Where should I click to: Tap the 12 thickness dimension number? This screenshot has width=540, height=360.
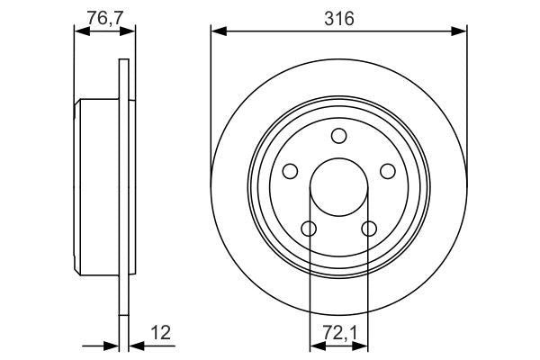tap(161, 332)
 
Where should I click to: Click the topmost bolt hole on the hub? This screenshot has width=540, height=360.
tap(338, 137)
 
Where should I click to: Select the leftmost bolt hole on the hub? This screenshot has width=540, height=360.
tap(291, 171)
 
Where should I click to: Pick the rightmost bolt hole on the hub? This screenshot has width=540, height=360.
tap(387, 171)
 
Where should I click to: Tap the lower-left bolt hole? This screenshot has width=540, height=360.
tap(309, 228)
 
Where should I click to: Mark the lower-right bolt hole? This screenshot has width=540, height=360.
tap(368, 228)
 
